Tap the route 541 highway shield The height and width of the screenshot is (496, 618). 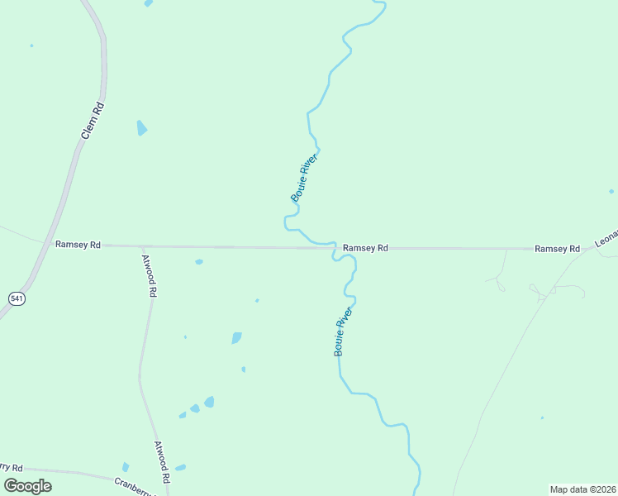pyautogui.click(x=17, y=298)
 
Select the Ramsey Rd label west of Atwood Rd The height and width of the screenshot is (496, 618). pyautogui.click(x=78, y=245)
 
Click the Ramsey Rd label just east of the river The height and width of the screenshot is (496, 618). pyautogui.click(x=365, y=248)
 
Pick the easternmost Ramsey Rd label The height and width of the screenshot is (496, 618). pyautogui.click(x=557, y=249)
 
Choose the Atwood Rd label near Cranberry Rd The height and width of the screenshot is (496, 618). pyautogui.click(x=162, y=461)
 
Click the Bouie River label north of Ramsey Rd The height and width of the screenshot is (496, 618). pyautogui.click(x=304, y=176)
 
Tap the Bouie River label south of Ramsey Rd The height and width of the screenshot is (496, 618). pyautogui.click(x=343, y=331)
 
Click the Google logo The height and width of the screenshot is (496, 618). pyautogui.click(x=28, y=486)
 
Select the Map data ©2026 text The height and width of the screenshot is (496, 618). pyautogui.click(x=582, y=489)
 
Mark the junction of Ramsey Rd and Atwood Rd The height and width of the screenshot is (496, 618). pyautogui.click(x=142, y=246)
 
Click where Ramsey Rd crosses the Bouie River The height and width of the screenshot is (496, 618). pyautogui.click(x=335, y=247)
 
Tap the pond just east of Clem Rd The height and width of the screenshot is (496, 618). pyautogui.click(x=141, y=128)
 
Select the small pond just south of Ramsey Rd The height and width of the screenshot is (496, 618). pyautogui.click(x=199, y=262)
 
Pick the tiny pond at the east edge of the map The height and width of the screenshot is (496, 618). pyautogui.click(x=611, y=191)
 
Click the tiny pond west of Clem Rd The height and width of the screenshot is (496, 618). pyautogui.click(x=31, y=45)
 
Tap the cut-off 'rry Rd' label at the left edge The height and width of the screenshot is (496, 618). pyautogui.click(x=12, y=468)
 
